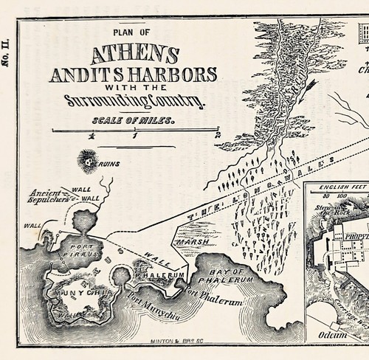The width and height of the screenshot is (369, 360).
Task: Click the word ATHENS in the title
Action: [x=135, y=55]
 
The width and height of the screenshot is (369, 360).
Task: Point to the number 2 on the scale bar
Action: [x=217, y=136]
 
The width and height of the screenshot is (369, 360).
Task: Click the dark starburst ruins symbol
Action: [x=89, y=159]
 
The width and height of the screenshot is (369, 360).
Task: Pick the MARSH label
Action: [x=188, y=240]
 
